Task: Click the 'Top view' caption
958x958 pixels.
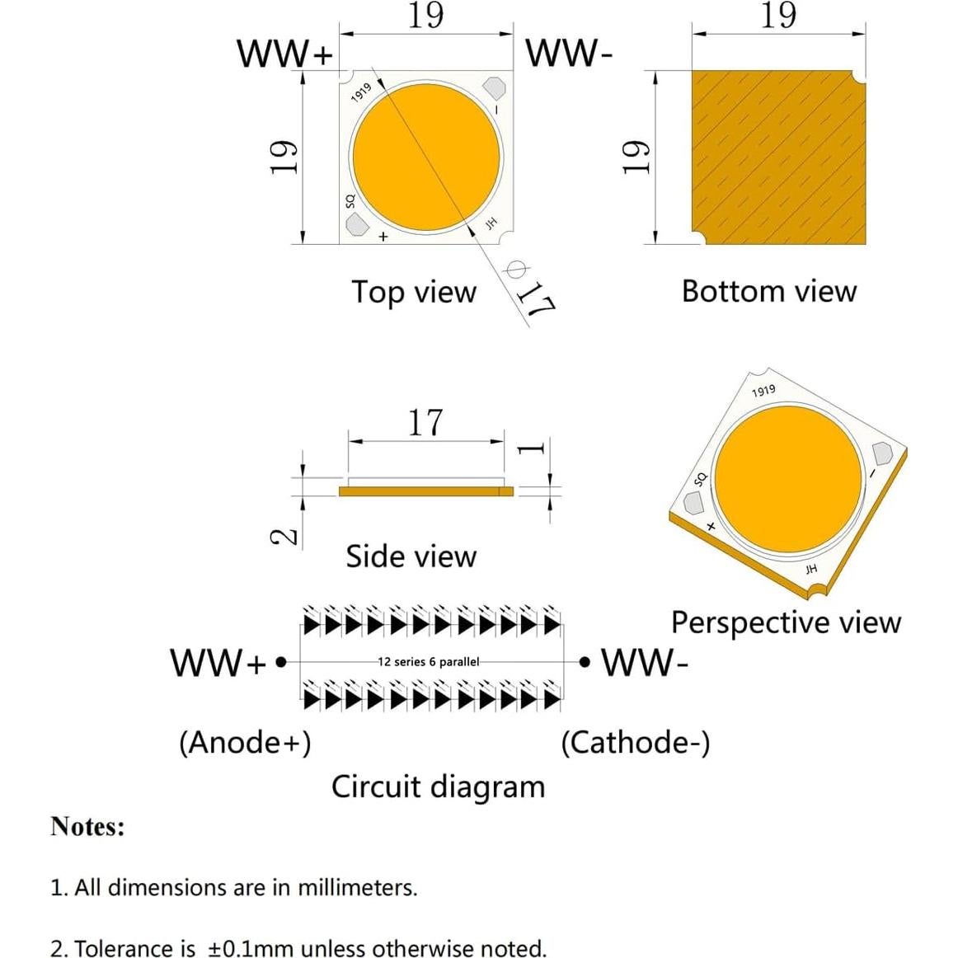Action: [414, 292]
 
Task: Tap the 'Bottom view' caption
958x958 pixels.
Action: [768, 291]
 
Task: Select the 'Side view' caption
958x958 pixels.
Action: [411, 556]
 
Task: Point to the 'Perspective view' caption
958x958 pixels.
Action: [786, 622]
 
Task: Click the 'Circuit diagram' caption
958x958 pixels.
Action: [438, 787]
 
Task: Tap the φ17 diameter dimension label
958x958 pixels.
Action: [529, 290]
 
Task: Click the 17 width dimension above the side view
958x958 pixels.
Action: [425, 422]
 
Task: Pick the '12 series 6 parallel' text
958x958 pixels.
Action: [428, 661]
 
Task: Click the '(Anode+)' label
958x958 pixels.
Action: [245, 742]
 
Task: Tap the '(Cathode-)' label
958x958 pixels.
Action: [635, 742]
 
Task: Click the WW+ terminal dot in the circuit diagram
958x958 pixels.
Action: [281, 661]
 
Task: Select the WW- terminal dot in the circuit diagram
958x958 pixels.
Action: [585, 661]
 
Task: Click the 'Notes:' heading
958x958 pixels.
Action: [87, 826]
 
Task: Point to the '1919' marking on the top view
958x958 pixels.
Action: [361, 92]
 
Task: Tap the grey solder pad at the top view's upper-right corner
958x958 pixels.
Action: [495, 87]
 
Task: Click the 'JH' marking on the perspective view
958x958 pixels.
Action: [811, 569]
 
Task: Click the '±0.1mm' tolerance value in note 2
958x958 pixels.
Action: [251, 948]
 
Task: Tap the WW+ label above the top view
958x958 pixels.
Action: [284, 54]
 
